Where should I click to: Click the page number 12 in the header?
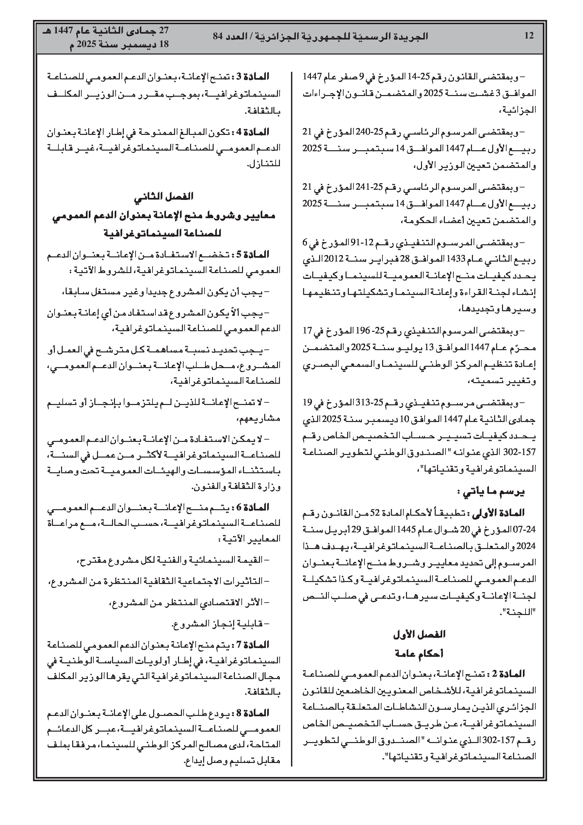[x=529, y=36]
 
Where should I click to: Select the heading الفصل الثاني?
[x=164, y=196]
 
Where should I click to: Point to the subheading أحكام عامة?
[x=419, y=654]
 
